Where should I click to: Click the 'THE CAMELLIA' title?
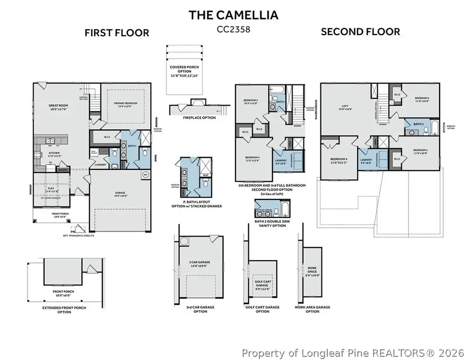233,15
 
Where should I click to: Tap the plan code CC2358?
233,30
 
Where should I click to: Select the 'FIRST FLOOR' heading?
117,33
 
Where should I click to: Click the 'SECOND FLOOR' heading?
360,32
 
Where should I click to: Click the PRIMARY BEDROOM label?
126,104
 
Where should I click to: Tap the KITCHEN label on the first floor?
54,153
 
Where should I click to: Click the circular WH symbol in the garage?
145,175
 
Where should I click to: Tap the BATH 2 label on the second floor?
418,124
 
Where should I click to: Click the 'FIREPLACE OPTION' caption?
185,118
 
